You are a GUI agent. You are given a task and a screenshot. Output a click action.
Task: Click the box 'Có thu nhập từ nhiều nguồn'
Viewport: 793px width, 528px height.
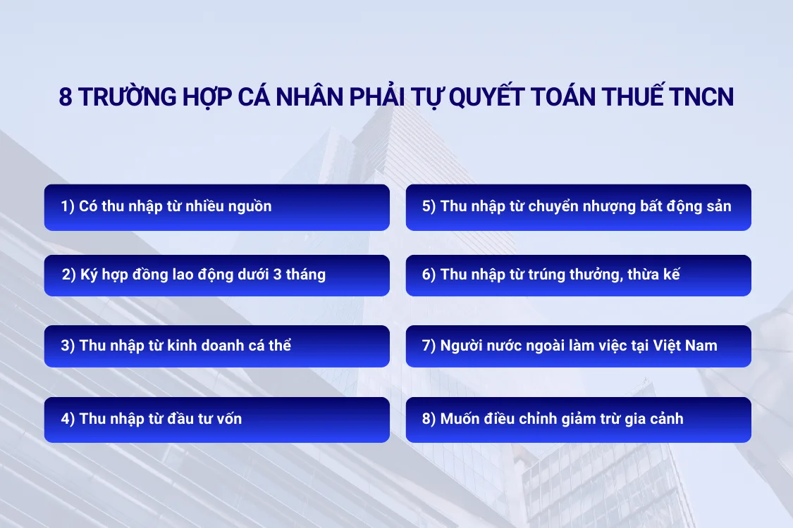click(216, 207)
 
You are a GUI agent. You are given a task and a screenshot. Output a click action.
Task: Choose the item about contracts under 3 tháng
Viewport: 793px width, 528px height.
click(216, 275)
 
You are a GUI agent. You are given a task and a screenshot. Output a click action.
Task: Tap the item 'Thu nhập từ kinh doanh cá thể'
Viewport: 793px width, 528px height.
click(216, 346)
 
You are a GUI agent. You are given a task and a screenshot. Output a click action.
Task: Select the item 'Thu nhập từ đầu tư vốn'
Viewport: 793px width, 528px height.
click(216, 420)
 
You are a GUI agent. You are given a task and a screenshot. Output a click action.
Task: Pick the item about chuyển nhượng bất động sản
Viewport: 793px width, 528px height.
click(578, 207)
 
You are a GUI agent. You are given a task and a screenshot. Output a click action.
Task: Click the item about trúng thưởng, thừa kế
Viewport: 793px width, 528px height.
click(578, 275)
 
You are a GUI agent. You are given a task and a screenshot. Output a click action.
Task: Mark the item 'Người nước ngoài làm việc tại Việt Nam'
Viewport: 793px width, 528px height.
click(578, 346)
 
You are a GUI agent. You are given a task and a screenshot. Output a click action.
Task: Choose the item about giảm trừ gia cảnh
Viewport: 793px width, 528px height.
click(578, 420)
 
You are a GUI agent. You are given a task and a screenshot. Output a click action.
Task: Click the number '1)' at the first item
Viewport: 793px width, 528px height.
click(68, 207)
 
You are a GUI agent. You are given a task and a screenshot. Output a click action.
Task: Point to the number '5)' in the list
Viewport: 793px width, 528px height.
click(429, 207)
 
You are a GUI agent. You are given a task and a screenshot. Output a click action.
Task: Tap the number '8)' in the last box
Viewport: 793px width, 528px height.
click(429, 420)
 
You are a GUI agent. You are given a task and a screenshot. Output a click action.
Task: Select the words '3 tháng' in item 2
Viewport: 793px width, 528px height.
click(300, 275)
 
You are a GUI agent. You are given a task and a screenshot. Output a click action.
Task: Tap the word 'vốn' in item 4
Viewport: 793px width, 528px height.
click(228, 420)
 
